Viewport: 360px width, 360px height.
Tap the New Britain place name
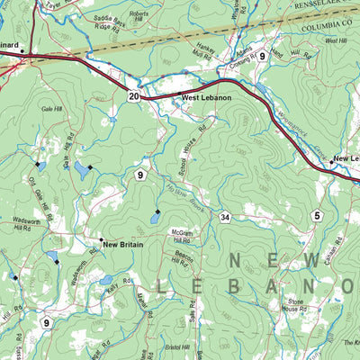coord(122,244)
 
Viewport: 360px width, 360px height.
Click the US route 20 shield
coord(133,95)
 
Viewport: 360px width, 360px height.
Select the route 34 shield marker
coord(224,218)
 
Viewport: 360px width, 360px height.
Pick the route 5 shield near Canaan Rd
coord(316,215)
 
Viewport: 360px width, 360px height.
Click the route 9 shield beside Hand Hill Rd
coord(262,57)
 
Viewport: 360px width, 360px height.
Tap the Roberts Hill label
coord(139,18)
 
